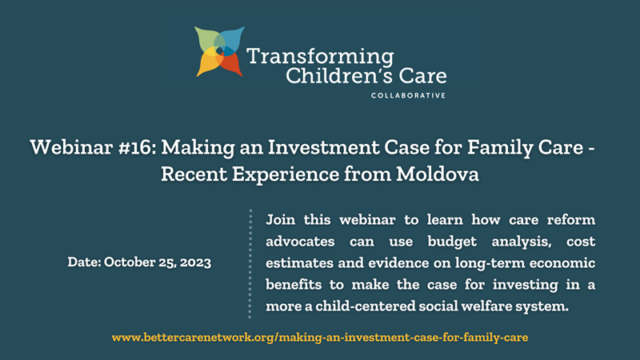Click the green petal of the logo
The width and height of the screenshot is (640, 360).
(x=207, y=42)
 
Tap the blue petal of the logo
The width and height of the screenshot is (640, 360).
(x=231, y=41)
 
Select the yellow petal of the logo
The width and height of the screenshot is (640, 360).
(x=208, y=62)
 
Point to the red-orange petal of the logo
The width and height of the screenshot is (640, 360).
(x=230, y=63)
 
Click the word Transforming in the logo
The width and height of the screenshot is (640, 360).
(x=320, y=57)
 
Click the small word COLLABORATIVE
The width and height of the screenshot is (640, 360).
(x=408, y=95)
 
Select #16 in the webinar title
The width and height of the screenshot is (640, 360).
(x=137, y=147)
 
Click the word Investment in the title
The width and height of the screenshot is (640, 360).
(x=323, y=147)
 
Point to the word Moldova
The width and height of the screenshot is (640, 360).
(x=437, y=174)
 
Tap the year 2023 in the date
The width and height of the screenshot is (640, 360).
(x=195, y=262)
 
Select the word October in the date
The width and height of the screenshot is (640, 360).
(x=129, y=262)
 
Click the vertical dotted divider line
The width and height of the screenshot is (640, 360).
(x=250, y=264)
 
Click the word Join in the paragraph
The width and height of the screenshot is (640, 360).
(x=280, y=220)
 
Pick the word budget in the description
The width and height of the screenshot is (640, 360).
(x=452, y=242)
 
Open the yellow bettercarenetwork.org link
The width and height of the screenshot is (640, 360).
(x=319, y=338)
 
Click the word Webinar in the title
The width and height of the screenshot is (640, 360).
(x=71, y=147)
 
